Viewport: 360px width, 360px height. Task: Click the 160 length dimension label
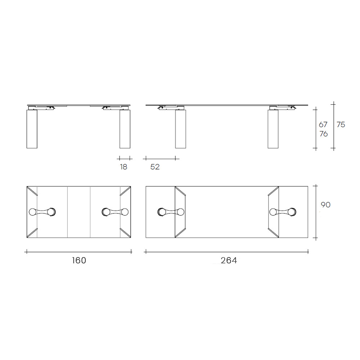click(x=79, y=260)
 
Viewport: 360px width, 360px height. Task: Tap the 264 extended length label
click(x=229, y=260)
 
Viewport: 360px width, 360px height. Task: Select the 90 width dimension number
click(x=325, y=204)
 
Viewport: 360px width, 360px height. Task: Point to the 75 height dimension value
click(x=341, y=125)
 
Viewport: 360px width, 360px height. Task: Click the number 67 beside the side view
click(x=323, y=125)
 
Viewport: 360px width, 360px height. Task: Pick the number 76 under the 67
click(x=324, y=134)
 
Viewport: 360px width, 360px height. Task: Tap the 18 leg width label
click(x=123, y=167)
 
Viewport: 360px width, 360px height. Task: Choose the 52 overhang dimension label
click(x=155, y=167)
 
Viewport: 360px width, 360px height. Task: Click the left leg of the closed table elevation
click(x=32, y=129)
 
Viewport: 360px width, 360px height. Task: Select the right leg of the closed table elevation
click(x=125, y=129)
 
